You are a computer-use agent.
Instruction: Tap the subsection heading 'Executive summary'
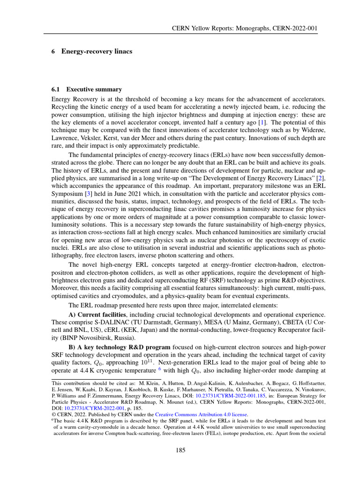94,89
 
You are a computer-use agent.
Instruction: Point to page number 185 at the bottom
180,450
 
